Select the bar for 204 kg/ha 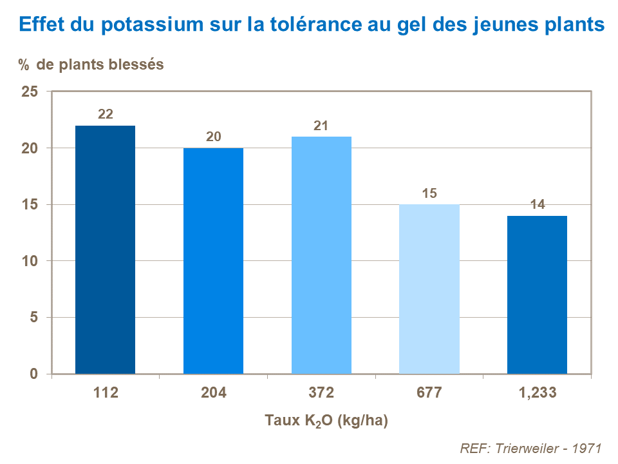(x=214, y=261)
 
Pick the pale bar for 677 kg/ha (x=429, y=289)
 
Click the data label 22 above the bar (x=106, y=114)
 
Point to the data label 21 (x=321, y=126)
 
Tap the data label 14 (x=537, y=205)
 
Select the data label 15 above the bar (x=429, y=193)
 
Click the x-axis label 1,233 (x=537, y=392)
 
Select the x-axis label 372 (x=321, y=392)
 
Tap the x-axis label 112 (x=106, y=392)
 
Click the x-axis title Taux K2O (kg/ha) (x=326, y=421)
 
